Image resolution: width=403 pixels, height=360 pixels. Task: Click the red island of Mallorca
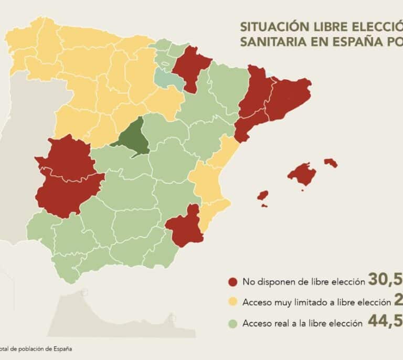pos(302,173)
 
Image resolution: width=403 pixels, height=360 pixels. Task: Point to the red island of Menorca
pos(331,162)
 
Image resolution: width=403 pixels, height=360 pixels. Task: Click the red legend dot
pos(232,282)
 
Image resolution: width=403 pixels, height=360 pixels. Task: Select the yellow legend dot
pos(232,302)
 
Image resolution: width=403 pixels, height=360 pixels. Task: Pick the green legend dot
pos(232,323)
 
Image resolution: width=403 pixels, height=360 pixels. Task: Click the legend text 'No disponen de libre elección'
pos(303,282)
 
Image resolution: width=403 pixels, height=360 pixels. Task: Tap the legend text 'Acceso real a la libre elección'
pos(302,323)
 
